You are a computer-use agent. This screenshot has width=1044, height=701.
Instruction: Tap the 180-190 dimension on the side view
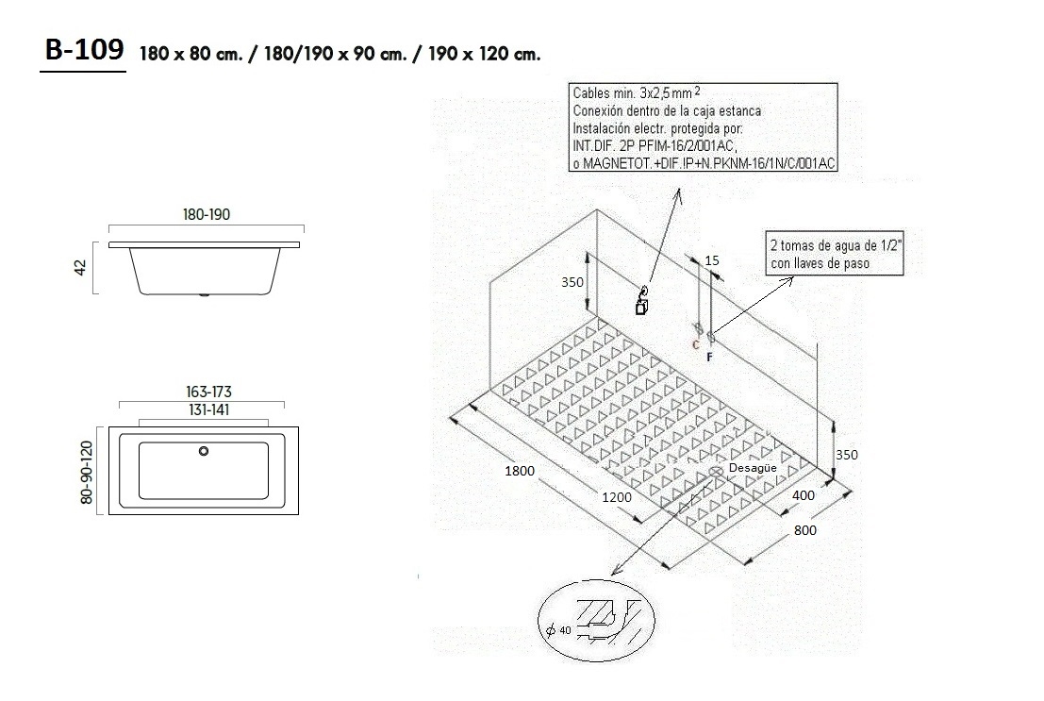tap(207, 215)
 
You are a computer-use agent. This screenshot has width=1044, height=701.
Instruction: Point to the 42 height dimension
tap(81, 268)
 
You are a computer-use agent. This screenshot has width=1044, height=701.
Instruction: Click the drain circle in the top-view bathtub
tap(203, 450)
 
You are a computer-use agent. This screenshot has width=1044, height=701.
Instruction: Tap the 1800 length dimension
tap(519, 471)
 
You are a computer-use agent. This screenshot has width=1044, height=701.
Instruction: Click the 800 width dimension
tap(804, 530)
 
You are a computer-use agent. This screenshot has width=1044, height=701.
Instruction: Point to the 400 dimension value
tap(804, 495)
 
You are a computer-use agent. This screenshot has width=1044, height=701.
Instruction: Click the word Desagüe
tap(753, 468)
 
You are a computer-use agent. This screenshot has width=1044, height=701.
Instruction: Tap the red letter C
tap(696, 345)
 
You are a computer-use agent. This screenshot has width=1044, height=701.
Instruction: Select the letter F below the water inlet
tap(709, 358)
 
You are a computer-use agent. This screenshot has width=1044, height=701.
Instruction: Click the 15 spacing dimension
tap(712, 259)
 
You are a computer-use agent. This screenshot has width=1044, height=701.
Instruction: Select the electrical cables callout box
tap(704, 128)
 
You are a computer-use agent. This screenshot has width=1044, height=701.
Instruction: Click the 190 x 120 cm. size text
tap(484, 54)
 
